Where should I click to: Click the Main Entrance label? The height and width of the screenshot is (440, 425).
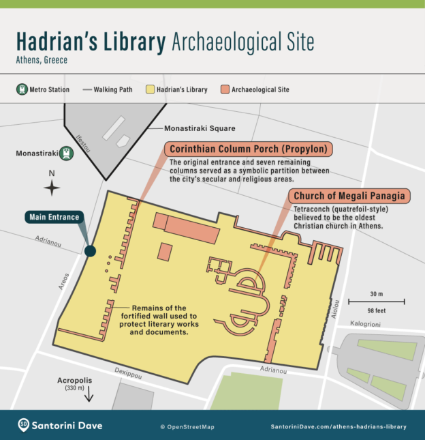(x=54, y=218)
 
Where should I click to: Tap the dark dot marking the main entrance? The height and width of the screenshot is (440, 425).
(x=90, y=252)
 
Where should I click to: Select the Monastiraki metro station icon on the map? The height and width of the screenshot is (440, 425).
(x=67, y=153)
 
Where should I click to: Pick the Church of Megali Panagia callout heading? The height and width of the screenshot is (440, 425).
(x=349, y=196)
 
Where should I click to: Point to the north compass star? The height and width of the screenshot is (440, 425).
(x=51, y=188)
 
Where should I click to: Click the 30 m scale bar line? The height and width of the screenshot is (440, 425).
(x=377, y=301)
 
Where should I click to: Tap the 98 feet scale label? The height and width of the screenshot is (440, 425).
(x=377, y=310)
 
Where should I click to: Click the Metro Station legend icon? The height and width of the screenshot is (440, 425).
(x=22, y=89)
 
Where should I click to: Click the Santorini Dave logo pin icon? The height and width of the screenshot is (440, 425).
(x=24, y=425)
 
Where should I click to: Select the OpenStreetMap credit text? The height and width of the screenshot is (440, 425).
(x=187, y=427)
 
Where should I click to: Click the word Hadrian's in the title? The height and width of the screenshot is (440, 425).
(x=91, y=42)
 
